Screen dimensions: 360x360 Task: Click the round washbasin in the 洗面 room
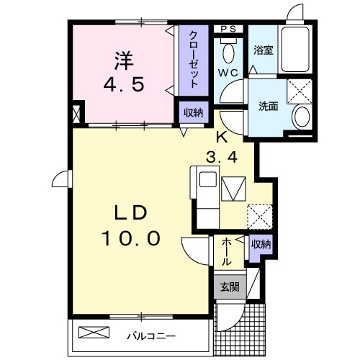[301, 117]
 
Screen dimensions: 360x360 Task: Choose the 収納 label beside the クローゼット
[191, 113]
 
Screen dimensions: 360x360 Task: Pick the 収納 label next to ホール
[260, 246]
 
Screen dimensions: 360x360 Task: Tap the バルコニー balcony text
[152, 335]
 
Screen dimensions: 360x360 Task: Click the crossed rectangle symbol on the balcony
[96, 333]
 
